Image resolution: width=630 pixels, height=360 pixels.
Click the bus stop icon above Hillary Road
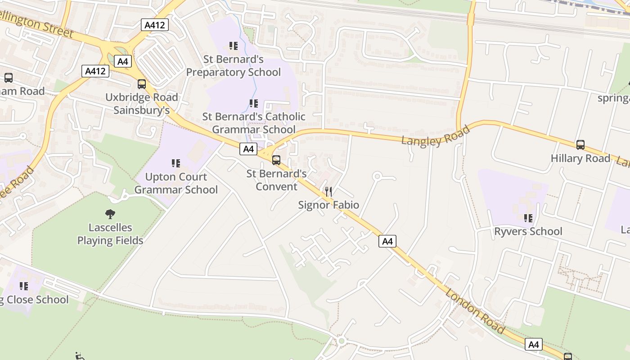580,145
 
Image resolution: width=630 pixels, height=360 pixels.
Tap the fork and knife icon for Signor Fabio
328,192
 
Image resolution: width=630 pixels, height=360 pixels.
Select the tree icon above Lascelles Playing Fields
110,214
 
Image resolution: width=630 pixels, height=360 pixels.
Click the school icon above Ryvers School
528,218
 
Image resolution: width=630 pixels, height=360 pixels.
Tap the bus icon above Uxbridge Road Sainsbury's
142,84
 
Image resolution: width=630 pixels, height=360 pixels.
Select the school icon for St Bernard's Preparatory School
233,46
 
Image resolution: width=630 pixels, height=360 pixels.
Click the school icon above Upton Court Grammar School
176,163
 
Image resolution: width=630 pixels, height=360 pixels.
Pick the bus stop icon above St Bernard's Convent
276,160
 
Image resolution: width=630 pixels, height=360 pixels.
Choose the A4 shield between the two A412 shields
122,61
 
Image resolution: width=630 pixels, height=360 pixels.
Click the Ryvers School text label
528,231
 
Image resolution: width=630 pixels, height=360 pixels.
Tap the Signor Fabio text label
328,205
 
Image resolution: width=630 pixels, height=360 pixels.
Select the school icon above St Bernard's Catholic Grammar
254,103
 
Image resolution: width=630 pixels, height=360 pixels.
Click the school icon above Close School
23,286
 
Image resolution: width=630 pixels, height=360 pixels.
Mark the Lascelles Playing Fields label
110,234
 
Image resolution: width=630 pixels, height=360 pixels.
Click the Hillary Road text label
580,158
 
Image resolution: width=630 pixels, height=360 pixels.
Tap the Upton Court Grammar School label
176,183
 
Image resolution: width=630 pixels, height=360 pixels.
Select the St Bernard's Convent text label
276,180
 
